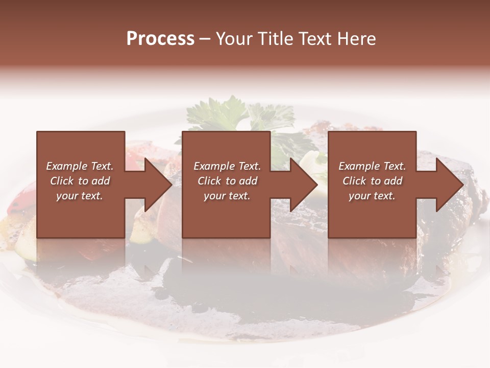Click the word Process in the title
(160, 39)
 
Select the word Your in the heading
(235, 39)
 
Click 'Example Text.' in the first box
(80, 166)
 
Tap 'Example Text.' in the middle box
(227, 166)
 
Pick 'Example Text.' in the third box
(372, 166)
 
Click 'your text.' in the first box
(80, 196)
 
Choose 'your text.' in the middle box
(227, 196)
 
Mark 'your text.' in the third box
(372, 196)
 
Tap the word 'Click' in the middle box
(210, 181)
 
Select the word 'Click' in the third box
(355, 181)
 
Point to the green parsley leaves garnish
(230, 112)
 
